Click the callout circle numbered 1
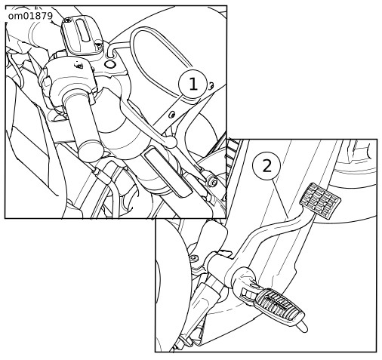click(x=193, y=84)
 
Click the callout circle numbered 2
click(x=266, y=166)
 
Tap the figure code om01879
click(x=30, y=16)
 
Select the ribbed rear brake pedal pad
click(x=320, y=201)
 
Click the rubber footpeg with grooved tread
click(x=279, y=307)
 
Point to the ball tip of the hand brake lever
click(x=171, y=142)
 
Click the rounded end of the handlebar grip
click(x=90, y=151)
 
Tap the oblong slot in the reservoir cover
click(x=82, y=30)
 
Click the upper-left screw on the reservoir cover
click(x=66, y=20)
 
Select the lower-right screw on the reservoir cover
click(x=99, y=45)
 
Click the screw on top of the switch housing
click(x=79, y=66)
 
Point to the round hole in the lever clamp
click(x=109, y=64)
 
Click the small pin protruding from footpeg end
click(x=302, y=327)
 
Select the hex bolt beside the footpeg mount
click(x=194, y=258)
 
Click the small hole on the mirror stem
click(x=172, y=115)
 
